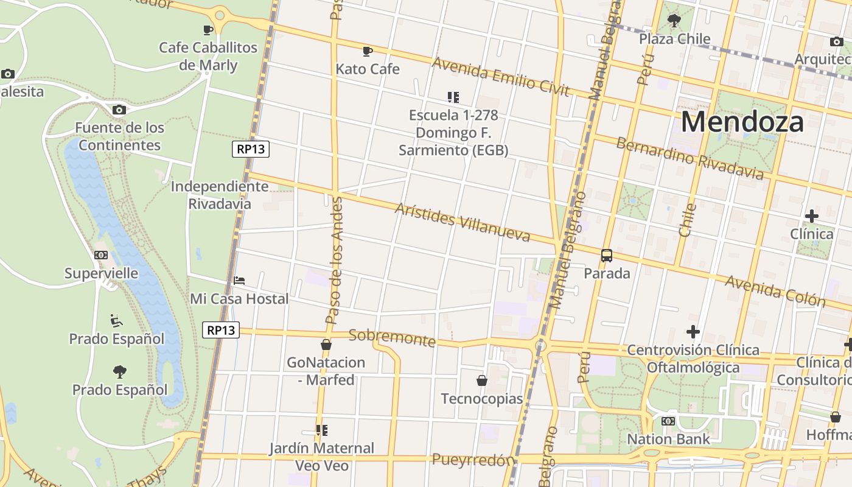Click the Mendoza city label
click(742, 122)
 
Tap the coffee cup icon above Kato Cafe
click(367, 51)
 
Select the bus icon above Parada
click(607, 256)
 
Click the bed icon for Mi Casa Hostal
click(239, 281)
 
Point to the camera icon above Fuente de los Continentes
click(119, 110)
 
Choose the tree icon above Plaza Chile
click(674, 21)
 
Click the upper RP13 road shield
click(250, 149)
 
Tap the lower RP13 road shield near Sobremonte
click(220, 330)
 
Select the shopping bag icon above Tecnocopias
click(481, 380)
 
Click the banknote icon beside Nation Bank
click(668, 421)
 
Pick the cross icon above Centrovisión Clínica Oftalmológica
click(693, 332)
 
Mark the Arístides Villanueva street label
click(462, 222)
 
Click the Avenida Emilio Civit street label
click(500, 77)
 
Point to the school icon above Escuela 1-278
click(453, 97)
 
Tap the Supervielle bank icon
click(101, 255)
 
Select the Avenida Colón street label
click(775, 291)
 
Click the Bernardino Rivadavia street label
click(689, 158)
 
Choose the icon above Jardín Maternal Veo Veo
click(322, 430)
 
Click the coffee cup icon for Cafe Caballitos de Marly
click(208, 29)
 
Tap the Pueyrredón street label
click(473, 460)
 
